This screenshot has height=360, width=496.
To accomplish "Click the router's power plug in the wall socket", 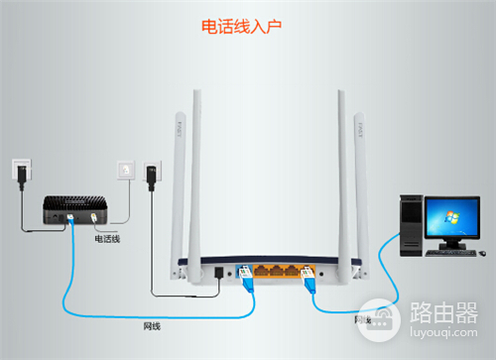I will [151, 176].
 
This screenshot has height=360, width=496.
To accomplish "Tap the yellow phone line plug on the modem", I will [94, 221].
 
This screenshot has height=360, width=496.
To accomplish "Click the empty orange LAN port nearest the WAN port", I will [262, 270].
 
